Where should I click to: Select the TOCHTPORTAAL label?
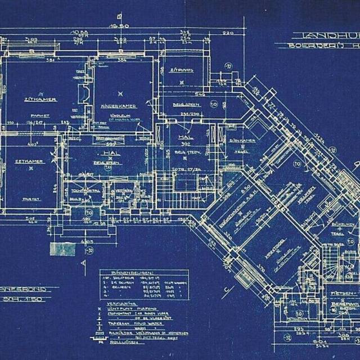[87, 191]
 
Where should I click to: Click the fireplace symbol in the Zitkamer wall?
[84, 94]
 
